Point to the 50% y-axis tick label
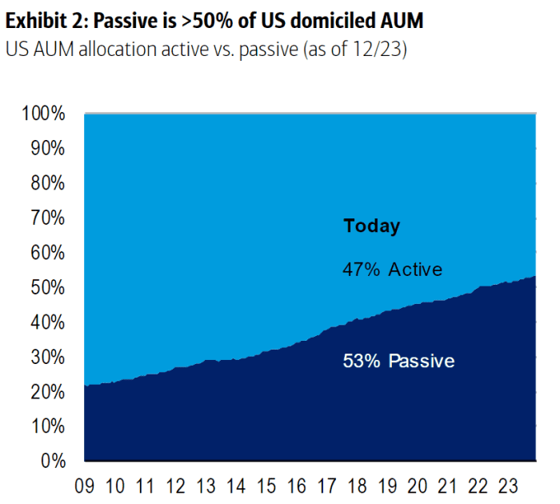coord(49,287)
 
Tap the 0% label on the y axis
coord(54,461)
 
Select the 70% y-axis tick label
coord(49,218)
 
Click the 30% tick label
coord(49,357)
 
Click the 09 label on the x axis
coord(86,486)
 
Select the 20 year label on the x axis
coord(418,486)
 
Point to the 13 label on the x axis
coord(206,486)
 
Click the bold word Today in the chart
coord(372,226)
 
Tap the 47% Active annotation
coord(392,270)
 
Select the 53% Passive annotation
coord(398,362)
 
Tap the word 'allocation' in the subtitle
coord(122,48)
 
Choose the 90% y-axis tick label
coord(49,149)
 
